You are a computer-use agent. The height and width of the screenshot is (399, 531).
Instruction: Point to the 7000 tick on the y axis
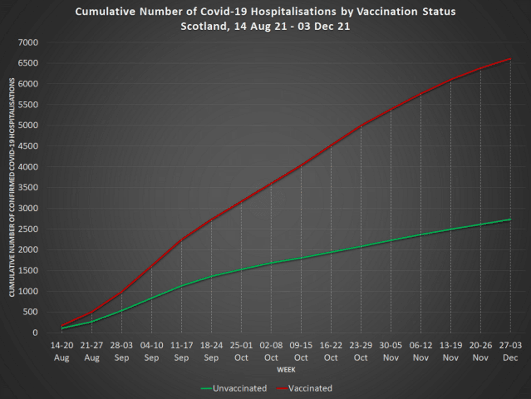[29, 43]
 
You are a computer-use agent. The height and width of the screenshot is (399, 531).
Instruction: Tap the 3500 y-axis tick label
[29, 187]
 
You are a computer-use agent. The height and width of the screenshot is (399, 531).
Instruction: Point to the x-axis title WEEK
[286, 370]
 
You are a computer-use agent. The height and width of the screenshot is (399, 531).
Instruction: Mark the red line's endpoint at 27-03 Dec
[511, 59]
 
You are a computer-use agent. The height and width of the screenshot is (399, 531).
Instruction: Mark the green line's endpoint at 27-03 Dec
[511, 220]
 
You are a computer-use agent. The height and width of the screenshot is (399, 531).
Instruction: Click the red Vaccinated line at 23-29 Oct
[361, 126]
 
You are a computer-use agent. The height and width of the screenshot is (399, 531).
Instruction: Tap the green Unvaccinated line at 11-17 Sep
[182, 286]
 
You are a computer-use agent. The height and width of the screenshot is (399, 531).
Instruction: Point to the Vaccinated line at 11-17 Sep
[182, 240]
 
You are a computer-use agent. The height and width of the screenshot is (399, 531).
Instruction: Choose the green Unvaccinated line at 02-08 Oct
[271, 263]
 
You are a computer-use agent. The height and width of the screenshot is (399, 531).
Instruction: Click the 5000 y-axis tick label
[29, 126]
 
